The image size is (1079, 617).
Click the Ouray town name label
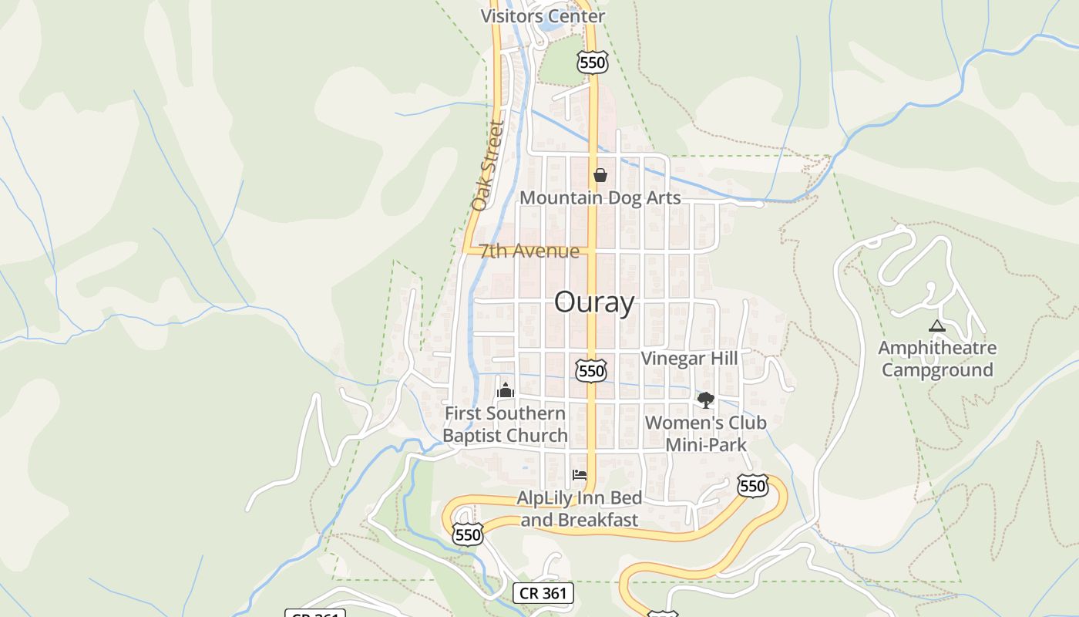tap(594, 302)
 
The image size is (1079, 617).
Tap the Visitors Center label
tap(543, 16)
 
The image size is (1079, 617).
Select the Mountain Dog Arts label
tap(600, 197)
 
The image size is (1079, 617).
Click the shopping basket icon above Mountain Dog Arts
tap(600, 175)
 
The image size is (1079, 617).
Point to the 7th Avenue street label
tap(529, 251)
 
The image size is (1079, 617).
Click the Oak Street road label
tap(487, 166)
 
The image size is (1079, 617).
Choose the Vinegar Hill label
tap(689, 358)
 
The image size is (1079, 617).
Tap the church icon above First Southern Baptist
tap(506, 390)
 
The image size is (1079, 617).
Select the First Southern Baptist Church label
tap(505, 424)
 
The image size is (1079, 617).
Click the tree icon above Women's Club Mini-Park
tap(705, 400)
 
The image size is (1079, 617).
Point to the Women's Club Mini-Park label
tap(705, 433)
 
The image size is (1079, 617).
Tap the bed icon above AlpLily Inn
tap(580, 475)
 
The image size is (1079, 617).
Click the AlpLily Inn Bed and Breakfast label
tap(579, 509)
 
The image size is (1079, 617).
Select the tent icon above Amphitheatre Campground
tap(936, 325)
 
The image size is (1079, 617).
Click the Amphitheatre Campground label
tap(936, 359)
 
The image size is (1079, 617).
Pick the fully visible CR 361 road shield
tap(543, 593)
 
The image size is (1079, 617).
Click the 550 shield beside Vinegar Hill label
tap(591, 371)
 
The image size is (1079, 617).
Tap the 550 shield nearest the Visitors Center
tap(593, 62)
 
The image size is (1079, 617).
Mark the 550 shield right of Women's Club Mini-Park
tap(752, 486)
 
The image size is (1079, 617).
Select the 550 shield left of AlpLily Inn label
tap(468, 534)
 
